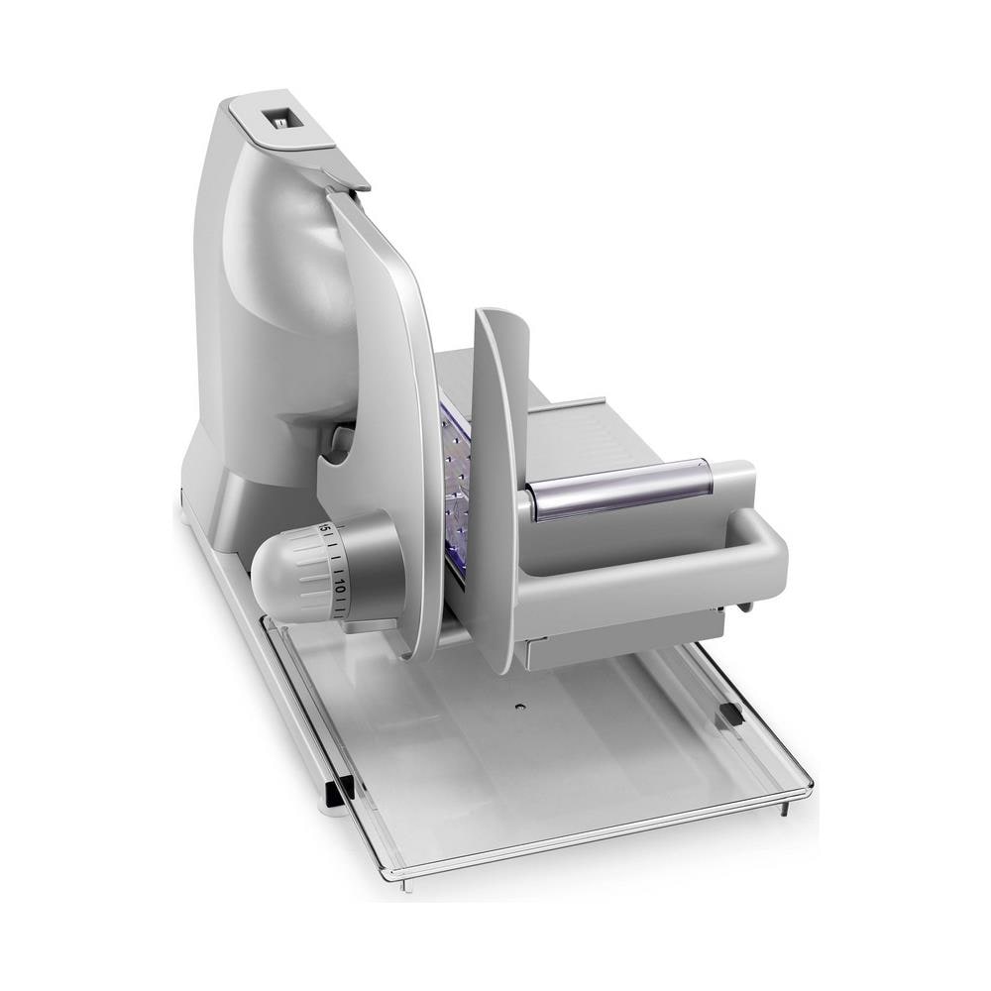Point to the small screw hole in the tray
[520, 707]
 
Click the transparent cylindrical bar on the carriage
[619, 488]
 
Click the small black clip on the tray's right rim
[730, 714]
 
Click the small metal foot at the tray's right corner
[785, 808]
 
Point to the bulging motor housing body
[277, 297]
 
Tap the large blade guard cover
[386, 396]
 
